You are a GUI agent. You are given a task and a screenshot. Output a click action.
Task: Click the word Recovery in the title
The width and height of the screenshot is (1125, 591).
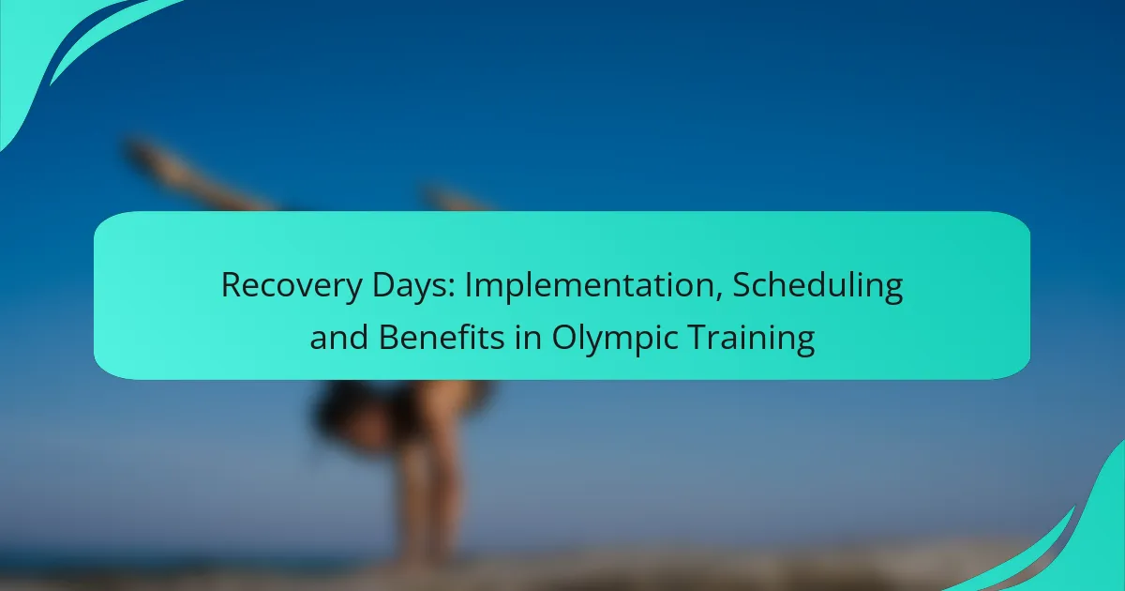click(x=292, y=286)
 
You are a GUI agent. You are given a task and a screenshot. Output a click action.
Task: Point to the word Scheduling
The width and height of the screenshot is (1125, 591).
click(x=817, y=286)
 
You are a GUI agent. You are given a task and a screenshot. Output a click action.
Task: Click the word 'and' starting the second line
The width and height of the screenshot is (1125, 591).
click(x=339, y=337)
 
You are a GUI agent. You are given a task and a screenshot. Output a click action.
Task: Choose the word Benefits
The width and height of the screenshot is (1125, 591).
click(x=442, y=337)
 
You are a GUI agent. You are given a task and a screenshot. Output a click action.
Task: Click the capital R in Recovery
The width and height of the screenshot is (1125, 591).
click(x=232, y=285)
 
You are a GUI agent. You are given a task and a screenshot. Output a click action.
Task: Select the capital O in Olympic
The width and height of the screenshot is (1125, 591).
click(x=564, y=338)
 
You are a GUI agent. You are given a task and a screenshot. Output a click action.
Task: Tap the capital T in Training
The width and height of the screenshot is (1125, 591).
click(x=698, y=338)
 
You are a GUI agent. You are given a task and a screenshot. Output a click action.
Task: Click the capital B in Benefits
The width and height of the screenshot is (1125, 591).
click(x=388, y=338)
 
